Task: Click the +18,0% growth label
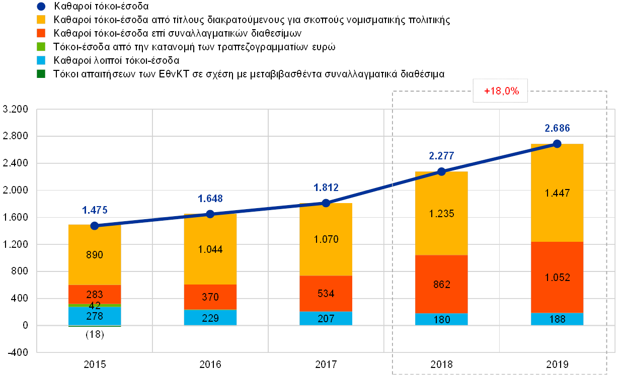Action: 500,91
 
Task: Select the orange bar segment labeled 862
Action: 441,284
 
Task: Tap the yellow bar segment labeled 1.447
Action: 557,193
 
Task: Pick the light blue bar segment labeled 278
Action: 95,316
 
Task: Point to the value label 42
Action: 95,306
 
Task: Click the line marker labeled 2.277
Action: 441,171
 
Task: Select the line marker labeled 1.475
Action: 95,226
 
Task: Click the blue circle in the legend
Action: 41,7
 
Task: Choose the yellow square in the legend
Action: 41,20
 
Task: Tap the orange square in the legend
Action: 41,33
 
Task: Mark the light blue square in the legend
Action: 41,60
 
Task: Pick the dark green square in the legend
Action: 41,74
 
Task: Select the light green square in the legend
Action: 41,47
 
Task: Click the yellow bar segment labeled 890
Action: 95,255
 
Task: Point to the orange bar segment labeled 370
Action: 210,297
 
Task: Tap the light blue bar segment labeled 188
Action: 557,319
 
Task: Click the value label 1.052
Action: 557,277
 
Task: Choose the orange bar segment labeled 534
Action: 326,294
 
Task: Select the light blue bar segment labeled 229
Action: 210,318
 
